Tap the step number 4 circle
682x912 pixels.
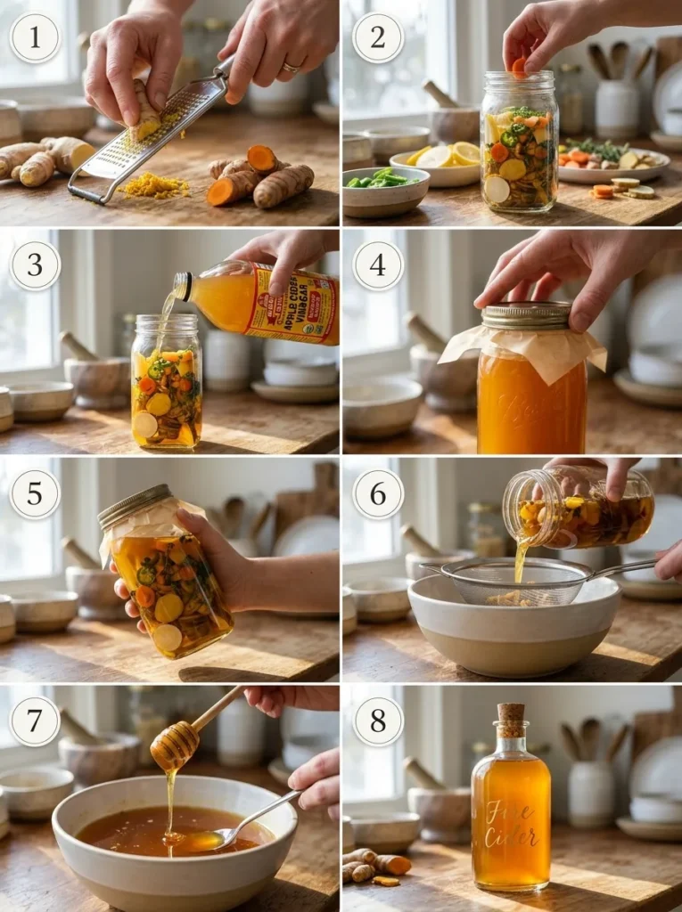pyautogui.click(x=378, y=265)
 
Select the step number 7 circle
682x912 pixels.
pyautogui.click(x=35, y=721)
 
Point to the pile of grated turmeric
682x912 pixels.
pyautogui.click(x=153, y=185)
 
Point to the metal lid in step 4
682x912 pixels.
pyautogui.click(x=526, y=315)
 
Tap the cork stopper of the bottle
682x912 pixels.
pyautogui.click(x=511, y=719)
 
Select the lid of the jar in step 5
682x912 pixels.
pyautogui.click(x=134, y=506)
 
